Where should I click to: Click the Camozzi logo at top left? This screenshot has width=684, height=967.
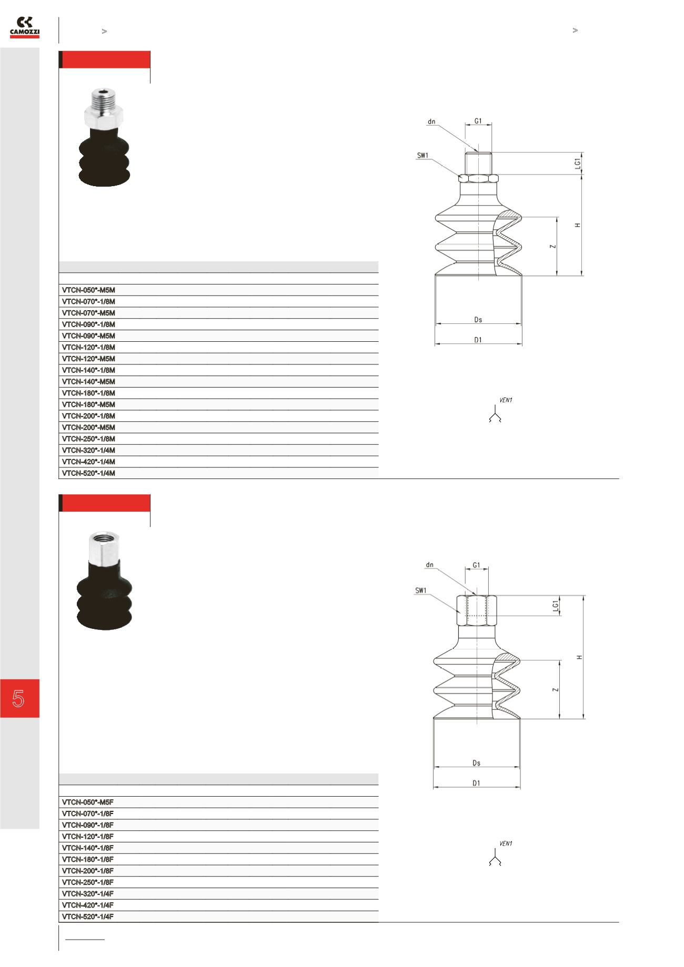pyautogui.click(x=25, y=27)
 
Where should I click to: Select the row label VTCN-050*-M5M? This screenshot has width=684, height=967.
pyautogui.click(x=88, y=290)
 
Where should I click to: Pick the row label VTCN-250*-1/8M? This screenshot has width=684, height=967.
pyautogui.click(x=88, y=439)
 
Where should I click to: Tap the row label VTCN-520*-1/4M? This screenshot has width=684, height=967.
pyautogui.click(x=88, y=473)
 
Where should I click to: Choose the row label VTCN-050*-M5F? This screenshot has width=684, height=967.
pyautogui.click(x=88, y=802)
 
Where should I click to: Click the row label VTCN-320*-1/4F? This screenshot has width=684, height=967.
pyautogui.click(x=88, y=893)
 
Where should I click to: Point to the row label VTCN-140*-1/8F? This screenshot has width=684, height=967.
pyautogui.click(x=88, y=848)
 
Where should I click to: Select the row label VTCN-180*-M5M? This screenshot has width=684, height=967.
pyautogui.click(x=88, y=404)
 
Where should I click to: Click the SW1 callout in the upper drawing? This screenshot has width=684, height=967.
pyautogui.click(x=423, y=156)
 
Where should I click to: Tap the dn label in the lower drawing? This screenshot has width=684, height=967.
pyautogui.click(x=430, y=565)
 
